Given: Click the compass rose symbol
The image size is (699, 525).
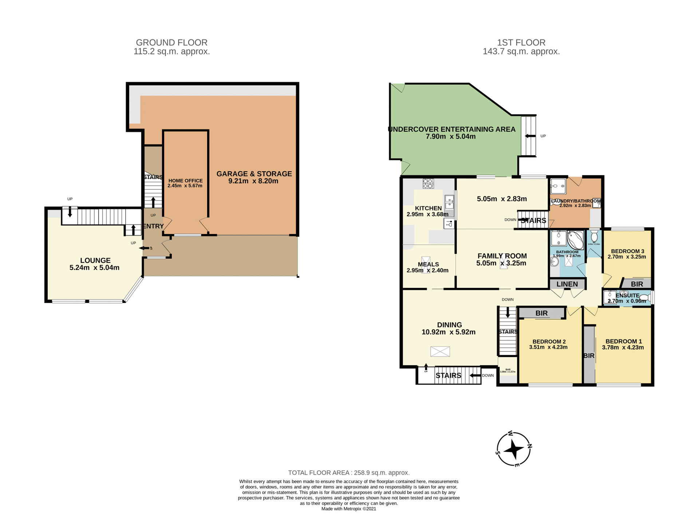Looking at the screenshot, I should click(x=514, y=449).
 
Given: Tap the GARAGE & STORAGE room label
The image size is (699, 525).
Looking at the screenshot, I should click(x=254, y=174).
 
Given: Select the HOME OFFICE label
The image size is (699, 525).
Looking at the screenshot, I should click(x=185, y=180).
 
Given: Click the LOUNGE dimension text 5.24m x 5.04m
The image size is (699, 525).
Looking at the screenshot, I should click(x=94, y=268).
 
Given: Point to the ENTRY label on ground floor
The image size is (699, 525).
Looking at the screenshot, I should click(x=153, y=226).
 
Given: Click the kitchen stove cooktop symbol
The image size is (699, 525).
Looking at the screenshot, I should click(x=428, y=183).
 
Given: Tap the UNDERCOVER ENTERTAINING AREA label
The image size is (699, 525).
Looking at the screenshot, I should click(x=451, y=129).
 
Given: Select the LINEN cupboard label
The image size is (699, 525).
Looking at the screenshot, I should click(x=567, y=284).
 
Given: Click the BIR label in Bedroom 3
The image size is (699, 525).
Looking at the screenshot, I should click(x=637, y=284).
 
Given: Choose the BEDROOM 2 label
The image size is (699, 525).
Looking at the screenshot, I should click(x=549, y=341).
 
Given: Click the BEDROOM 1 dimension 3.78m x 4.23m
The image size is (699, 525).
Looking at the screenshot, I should click(x=623, y=347).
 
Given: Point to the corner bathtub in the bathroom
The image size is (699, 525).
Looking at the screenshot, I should click(x=576, y=240).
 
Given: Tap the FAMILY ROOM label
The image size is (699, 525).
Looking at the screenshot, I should click(x=502, y=256).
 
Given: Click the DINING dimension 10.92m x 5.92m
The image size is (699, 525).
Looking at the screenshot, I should click(x=448, y=332).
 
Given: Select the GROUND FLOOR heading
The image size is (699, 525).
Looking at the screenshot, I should click(x=171, y=43).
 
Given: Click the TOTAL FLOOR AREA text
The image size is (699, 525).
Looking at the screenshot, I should click(x=349, y=472).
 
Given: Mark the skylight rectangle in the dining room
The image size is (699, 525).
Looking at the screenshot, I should click(x=440, y=351).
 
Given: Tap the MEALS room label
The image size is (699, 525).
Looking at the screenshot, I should click(x=428, y=264).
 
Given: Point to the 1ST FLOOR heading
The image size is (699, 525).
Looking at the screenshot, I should click(x=521, y=43).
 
